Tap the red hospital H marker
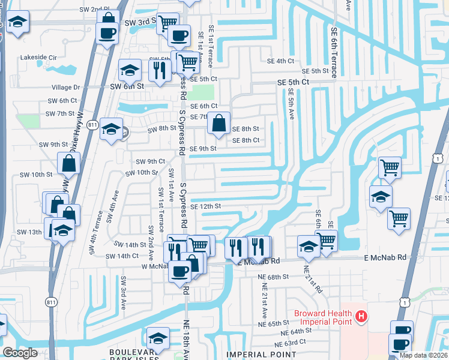coord(361,316)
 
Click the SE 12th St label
coord(206,206)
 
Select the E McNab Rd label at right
coord(385,257)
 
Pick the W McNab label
coord(153,266)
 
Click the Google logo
coord(20,353)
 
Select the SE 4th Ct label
coord(281,61)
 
